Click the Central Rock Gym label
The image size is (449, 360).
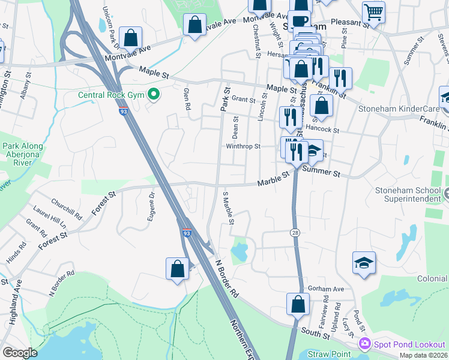[111, 95]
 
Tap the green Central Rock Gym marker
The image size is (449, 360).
[154, 94]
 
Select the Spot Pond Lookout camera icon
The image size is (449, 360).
[364, 344]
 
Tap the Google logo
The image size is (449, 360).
[19, 353]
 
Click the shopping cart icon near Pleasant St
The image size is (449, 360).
[373, 12]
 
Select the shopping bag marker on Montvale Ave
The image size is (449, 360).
[195, 25]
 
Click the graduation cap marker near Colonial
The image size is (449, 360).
[363, 263]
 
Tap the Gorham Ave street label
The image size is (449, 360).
[324, 288]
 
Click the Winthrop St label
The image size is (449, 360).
[243, 146]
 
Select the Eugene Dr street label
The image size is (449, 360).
[151, 207]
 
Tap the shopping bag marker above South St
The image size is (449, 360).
[298, 304]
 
